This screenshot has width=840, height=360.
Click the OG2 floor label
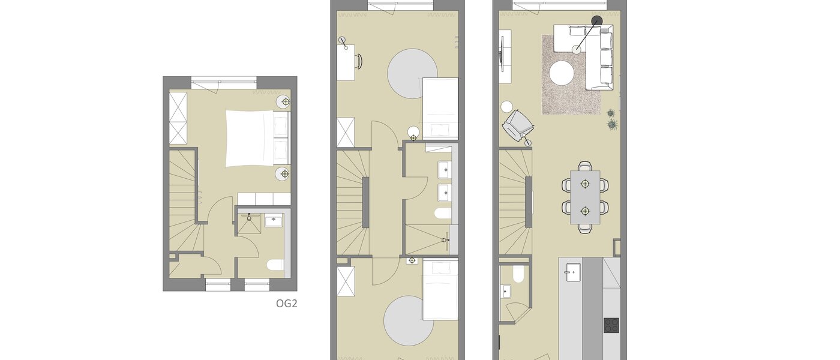point(287,304)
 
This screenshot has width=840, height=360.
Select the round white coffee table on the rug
point(562,74)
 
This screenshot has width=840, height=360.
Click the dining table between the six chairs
point(585,197)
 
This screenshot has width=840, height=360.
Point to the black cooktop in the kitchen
point(611,325)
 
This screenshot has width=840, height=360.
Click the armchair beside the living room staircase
point(517,125)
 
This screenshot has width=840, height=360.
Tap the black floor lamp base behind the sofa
point(596,22)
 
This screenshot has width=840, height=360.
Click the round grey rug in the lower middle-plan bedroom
point(409,321)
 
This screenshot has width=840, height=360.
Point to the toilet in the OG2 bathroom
point(275,265)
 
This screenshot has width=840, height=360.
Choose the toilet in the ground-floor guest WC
point(518,275)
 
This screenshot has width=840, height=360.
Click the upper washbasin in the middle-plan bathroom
point(444,170)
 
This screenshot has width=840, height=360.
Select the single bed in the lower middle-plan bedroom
point(440,289)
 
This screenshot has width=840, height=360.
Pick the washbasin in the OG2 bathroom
point(274,220)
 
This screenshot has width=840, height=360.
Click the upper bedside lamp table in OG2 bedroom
point(285,102)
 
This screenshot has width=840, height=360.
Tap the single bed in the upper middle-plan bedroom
point(440,108)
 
